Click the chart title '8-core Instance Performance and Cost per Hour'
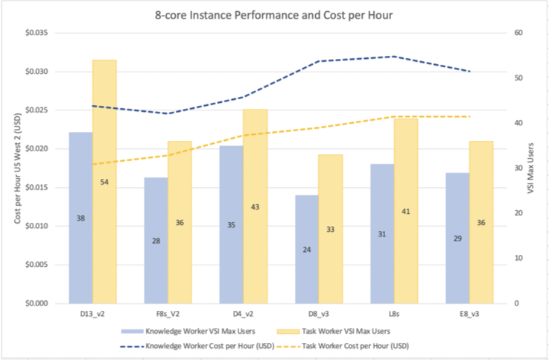click(274, 15)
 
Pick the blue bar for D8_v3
click(306, 250)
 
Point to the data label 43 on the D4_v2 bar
click(255, 206)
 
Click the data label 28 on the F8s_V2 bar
click(156, 240)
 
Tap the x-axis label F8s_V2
click(168, 315)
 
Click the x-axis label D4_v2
click(243, 315)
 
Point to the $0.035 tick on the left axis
click(35, 34)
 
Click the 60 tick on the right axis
click(516, 34)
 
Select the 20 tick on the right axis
click(516, 213)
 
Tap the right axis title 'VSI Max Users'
click(530, 168)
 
